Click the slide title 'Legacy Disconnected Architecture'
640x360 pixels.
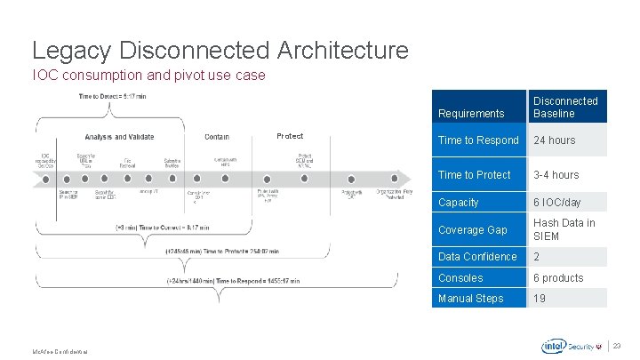coord(220,50)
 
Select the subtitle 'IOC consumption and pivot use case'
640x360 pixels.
coord(148,76)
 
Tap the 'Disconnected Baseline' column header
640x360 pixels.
coord(565,108)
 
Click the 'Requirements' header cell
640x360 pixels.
coord(471,114)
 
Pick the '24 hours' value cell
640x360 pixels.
coord(554,140)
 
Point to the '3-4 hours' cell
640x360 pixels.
coord(556,175)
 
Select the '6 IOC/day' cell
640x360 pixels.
coord(557,203)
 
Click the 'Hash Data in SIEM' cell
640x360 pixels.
coord(564,229)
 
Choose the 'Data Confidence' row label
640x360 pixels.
coord(477,257)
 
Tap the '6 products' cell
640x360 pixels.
coord(558,278)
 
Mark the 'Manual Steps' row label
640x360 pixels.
coord(471,299)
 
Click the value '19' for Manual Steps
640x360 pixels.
coord(540,299)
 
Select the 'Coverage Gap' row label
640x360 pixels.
coord(472,230)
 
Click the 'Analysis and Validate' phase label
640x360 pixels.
coord(119,137)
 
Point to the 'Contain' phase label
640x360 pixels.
coord(217,137)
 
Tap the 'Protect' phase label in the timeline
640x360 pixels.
coord(290,136)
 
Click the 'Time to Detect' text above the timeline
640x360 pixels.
coord(112,96)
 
